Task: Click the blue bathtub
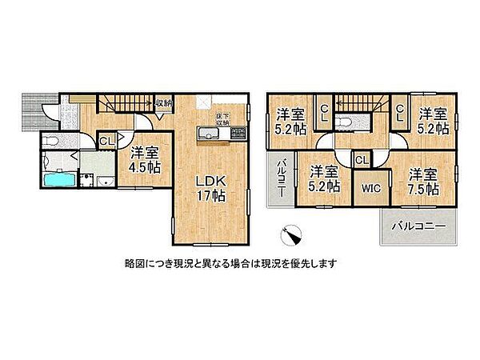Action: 55,179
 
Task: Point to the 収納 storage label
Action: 163,103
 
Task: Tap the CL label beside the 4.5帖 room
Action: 105,142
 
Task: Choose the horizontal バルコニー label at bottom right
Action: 418,227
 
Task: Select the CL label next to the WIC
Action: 361,160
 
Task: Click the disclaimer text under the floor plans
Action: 230,263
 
